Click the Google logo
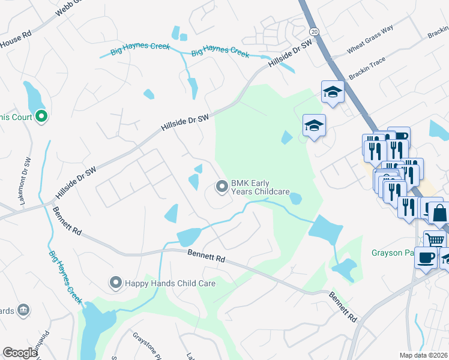point(20,353)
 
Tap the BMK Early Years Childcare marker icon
point(222,188)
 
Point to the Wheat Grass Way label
point(372,37)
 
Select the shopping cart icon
point(435,240)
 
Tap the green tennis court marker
point(41,116)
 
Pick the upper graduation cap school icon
point(333,91)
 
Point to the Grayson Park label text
point(393,253)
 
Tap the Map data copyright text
point(424,355)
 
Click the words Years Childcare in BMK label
point(261,192)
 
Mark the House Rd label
point(18,40)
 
